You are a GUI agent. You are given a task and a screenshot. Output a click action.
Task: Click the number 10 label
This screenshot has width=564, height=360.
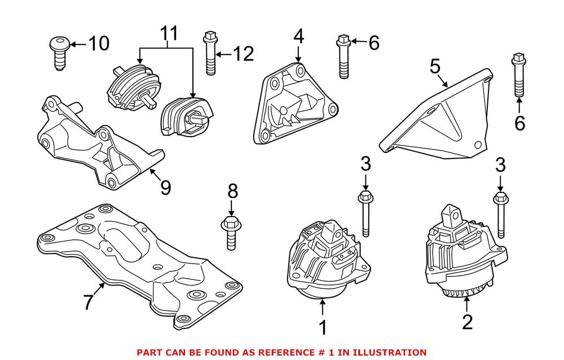point(97,43)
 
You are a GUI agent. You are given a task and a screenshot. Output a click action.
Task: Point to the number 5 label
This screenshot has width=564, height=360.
point(434,67)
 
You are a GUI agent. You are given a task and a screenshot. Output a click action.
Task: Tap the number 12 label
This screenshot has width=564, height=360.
point(243,54)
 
